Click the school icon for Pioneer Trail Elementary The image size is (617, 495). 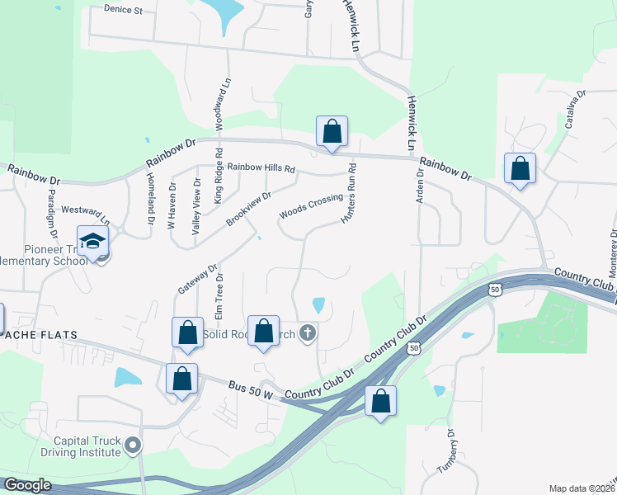[x=92, y=242]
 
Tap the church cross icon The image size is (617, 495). [x=308, y=333]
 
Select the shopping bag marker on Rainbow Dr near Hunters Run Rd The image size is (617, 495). [x=332, y=131]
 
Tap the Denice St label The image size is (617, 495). [x=124, y=11]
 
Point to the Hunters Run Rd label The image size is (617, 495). [x=352, y=195]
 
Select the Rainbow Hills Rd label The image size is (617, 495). [x=261, y=167]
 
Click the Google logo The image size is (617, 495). [x=26, y=485]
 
